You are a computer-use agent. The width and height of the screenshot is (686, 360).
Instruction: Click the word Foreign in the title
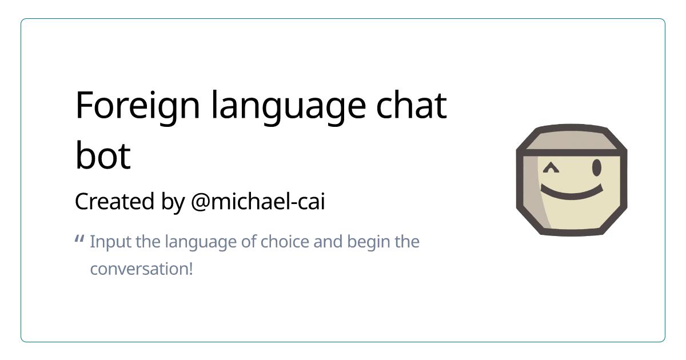coord(137,105)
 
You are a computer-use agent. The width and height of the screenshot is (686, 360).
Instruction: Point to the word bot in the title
coord(103,156)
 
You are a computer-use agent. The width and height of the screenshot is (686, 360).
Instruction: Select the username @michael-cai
coord(257,202)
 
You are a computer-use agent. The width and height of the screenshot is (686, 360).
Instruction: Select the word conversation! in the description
coord(141,269)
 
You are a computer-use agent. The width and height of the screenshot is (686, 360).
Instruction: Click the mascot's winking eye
coord(551,168)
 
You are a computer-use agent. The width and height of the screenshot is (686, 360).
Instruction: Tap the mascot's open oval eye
coord(596,168)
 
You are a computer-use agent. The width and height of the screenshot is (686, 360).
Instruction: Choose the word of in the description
coord(249,242)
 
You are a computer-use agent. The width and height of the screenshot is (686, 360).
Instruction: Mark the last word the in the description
coord(407,242)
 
